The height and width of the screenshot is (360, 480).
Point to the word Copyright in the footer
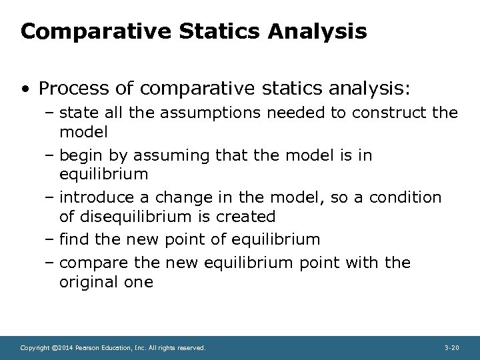point(35,348)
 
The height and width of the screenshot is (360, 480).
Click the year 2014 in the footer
point(65,348)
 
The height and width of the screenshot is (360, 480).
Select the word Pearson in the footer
point(87,348)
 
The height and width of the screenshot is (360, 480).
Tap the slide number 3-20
point(451,348)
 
